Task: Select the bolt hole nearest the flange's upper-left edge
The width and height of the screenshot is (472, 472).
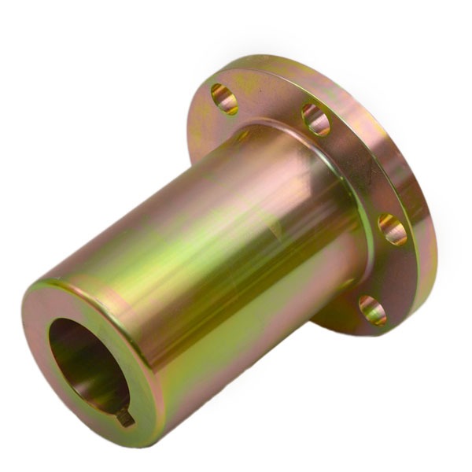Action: pos(224,99)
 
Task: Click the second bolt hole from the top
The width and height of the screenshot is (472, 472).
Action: pos(315,120)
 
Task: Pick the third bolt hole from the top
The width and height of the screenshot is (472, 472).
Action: pos(392,230)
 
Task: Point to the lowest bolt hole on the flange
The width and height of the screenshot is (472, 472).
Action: pos(372,310)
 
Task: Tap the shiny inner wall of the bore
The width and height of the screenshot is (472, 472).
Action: pos(71,346)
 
